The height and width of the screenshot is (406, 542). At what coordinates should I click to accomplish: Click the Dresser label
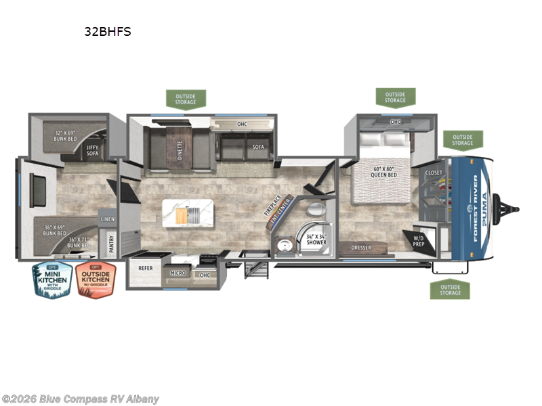tap(360, 248)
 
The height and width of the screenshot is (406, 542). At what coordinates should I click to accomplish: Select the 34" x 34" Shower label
tap(316, 238)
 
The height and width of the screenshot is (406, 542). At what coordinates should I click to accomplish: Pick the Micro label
tap(179, 275)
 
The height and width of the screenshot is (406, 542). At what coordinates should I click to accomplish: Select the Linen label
tap(108, 220)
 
